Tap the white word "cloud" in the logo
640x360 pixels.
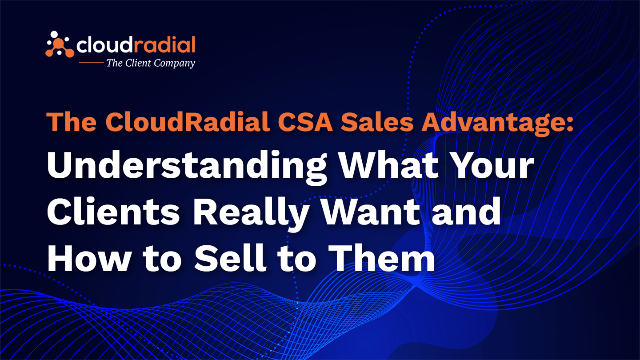pos(104,44)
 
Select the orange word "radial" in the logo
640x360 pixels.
pos(164,44)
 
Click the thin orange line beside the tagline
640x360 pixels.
pos(91,62)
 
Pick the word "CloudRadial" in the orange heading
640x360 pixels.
pos(188,121)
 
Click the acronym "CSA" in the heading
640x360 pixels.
pos(306,122)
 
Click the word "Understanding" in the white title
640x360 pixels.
pos(187,167)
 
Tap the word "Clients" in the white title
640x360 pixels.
pos(113,212)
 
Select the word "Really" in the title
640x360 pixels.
pos(252,215)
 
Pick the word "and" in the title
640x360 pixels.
pos(466,212)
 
